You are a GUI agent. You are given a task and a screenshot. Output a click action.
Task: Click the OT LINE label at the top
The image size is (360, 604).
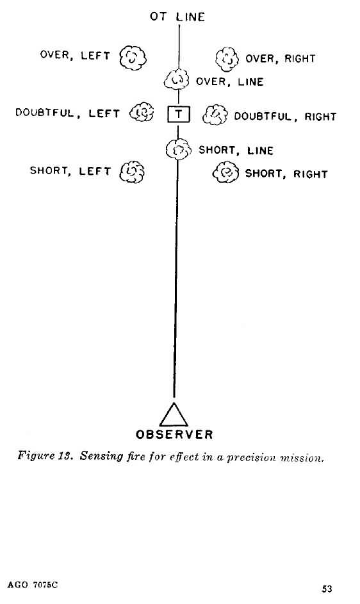pos(177,17)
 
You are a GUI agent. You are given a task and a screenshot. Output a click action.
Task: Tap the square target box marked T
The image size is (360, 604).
pos(179,114)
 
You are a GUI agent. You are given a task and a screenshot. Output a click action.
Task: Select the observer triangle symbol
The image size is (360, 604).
pos(174,414)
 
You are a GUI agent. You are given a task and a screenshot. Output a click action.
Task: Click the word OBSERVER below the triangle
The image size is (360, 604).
pos(174,434)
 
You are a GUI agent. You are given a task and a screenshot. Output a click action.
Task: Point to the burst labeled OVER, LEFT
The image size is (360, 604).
pos(133,58)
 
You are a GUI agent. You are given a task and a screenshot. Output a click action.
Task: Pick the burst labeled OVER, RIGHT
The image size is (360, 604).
pos(227,59)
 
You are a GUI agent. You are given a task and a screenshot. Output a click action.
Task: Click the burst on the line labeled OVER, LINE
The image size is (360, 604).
pos(177,79)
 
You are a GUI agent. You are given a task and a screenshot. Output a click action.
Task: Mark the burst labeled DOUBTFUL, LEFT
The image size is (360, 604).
pos(142,111)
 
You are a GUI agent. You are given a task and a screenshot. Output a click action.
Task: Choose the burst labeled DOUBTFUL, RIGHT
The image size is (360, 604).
pos(215,115)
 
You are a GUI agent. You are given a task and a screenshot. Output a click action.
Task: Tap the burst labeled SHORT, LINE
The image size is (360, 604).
pos(179,149)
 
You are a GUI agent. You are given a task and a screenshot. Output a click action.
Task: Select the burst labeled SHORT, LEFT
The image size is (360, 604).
pos(132,172)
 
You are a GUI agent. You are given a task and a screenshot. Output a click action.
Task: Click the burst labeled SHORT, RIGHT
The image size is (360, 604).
pos(226,172)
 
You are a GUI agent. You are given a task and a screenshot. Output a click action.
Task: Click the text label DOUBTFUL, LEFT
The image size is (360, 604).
pos(67,113)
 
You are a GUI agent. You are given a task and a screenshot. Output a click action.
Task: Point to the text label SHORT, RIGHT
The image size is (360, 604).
pos(286,174)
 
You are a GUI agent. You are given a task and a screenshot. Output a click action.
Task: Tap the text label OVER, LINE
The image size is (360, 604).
pos(230,81)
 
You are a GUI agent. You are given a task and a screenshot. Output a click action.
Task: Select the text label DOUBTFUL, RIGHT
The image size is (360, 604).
pos(285,117)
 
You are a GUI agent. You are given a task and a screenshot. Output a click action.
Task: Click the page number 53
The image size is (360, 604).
pos(327,589)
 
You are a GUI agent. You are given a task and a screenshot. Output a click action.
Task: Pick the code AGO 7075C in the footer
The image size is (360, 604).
pos(33,585)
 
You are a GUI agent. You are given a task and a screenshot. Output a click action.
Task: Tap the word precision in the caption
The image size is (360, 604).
pos(251,457)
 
